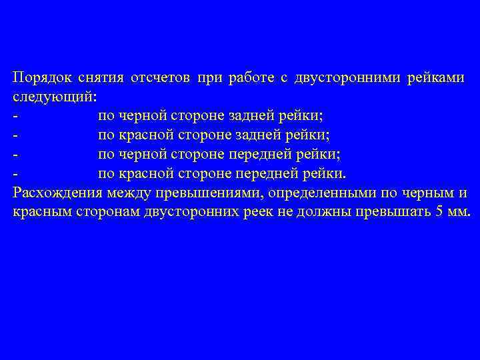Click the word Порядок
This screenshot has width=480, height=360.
(x=40, y=77)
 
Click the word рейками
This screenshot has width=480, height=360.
(x=439, y=77)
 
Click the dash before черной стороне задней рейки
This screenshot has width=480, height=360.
(x=15, y=116)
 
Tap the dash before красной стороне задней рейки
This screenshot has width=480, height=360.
(x=15, y=135)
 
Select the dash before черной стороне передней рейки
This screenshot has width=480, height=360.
(x=15, y=155)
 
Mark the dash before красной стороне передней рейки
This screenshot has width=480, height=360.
(x=15, y=174)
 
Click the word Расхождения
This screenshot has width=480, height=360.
(x=57, y=193)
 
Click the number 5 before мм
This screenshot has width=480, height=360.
(x=438, y=213)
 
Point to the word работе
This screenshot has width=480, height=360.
(x=251, y=77)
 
